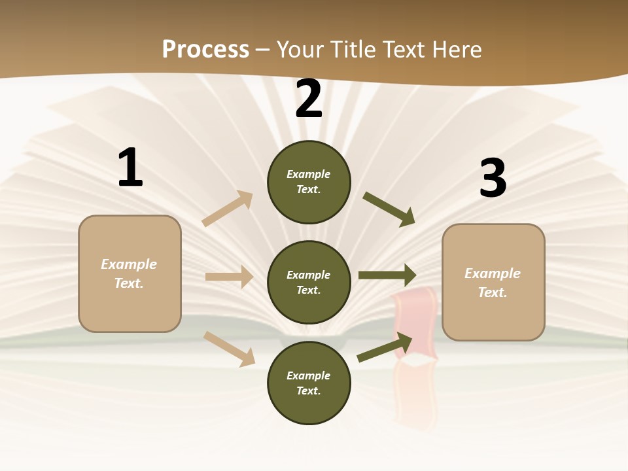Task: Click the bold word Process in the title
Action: pyautogui.click(x=205, y=50)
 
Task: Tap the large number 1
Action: pyautogui.click(x=130, y=168)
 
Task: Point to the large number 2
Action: pyautogui.click(x=309, y=99)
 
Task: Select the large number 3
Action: pyautogui.click(x=493, y=179)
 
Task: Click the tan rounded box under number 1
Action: pyautogui.click(x=130, y=273)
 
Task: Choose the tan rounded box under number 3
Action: pyautogui.click(x=493, y=282)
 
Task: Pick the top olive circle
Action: pyautogui.click(x=309, y=182)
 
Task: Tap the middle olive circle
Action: pyautogui.click(x=309, y=282)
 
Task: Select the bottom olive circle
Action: pyautogui.click(x=309, y=383)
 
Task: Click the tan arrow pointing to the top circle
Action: pyautogui.click(x=228, y=209)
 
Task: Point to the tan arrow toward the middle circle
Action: pyautogui.click(x=229, y=277)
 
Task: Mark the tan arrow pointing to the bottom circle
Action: pyautogui.click(x=229, y=348)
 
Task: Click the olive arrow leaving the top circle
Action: pyautogui.click(x=389, y=209)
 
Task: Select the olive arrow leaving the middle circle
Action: pyautogui.click(x=387, y=275)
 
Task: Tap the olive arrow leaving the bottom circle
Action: pyautogui.click(x=385, y=347)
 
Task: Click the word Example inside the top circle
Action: pyautogui.click(x=309, y=175)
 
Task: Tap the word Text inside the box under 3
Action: pyautogui.click(x=492, y=292)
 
